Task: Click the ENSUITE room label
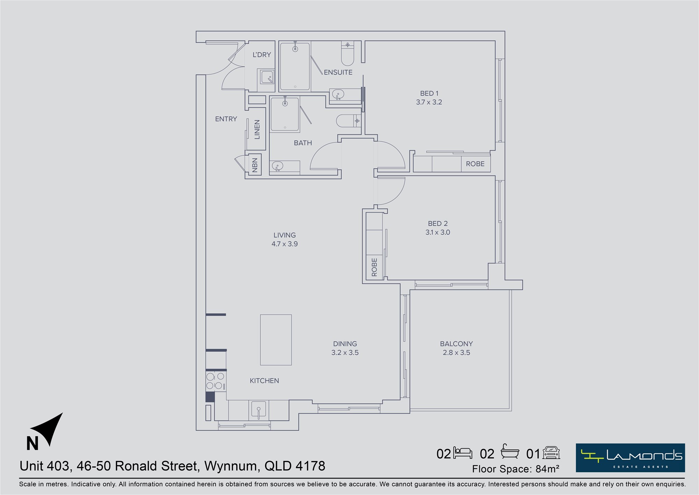coord(338,72)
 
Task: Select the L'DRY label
coord(262,55)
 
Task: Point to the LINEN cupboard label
coord(257,130)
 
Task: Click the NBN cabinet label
coord(255,165)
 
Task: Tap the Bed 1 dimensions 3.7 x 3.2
coord(429,102)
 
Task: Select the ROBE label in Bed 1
coord(475,164)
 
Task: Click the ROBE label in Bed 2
coord(374,267)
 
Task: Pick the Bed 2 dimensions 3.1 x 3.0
coord(438,232)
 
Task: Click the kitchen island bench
coord(276,340)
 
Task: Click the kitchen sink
coord(259,411)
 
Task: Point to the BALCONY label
coord(456,344)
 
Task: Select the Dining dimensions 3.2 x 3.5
coord(345,353)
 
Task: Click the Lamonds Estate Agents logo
coord(630,458)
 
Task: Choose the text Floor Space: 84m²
coord(516,469)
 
